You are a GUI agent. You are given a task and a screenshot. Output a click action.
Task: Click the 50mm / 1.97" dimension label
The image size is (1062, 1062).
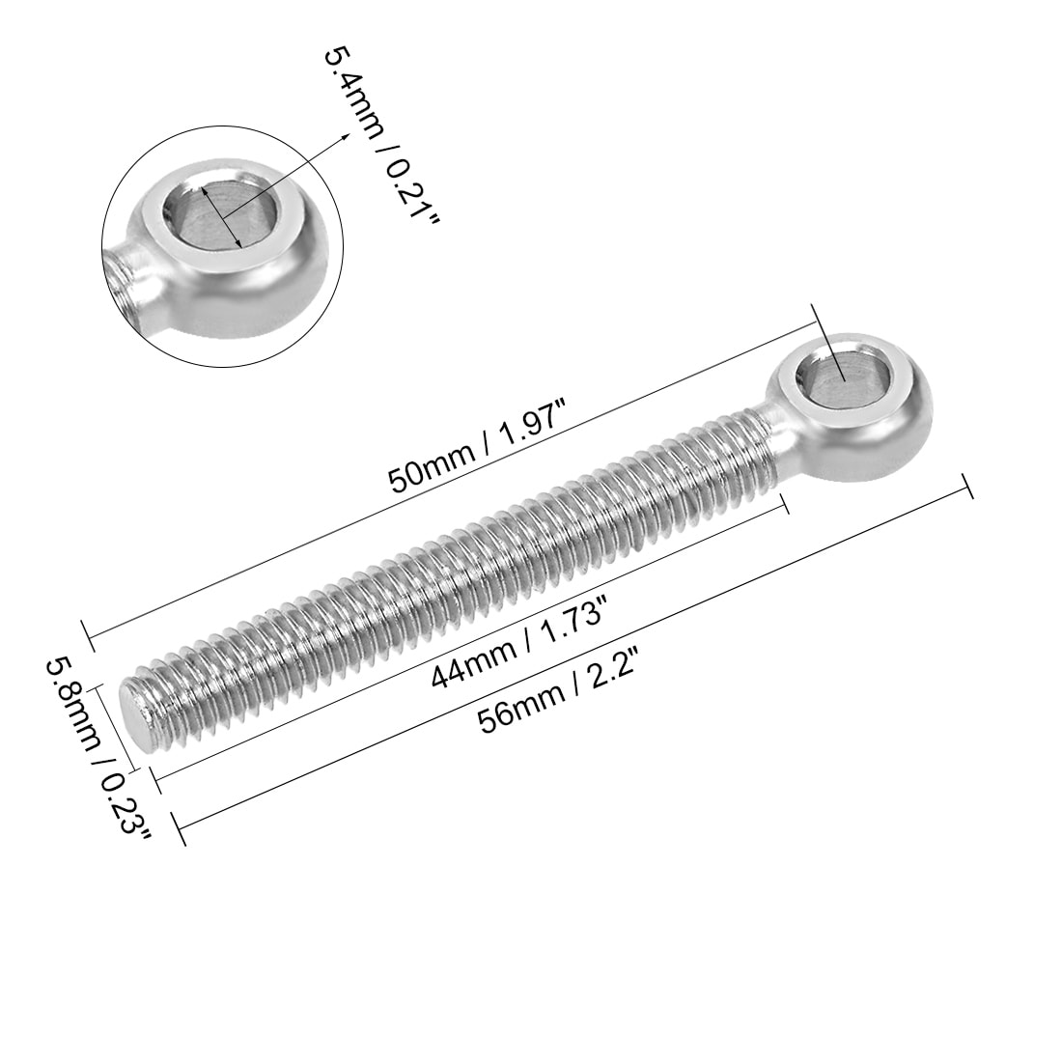coord(475,447)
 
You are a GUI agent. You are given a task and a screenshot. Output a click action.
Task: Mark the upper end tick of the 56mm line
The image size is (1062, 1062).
coord(967,487)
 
